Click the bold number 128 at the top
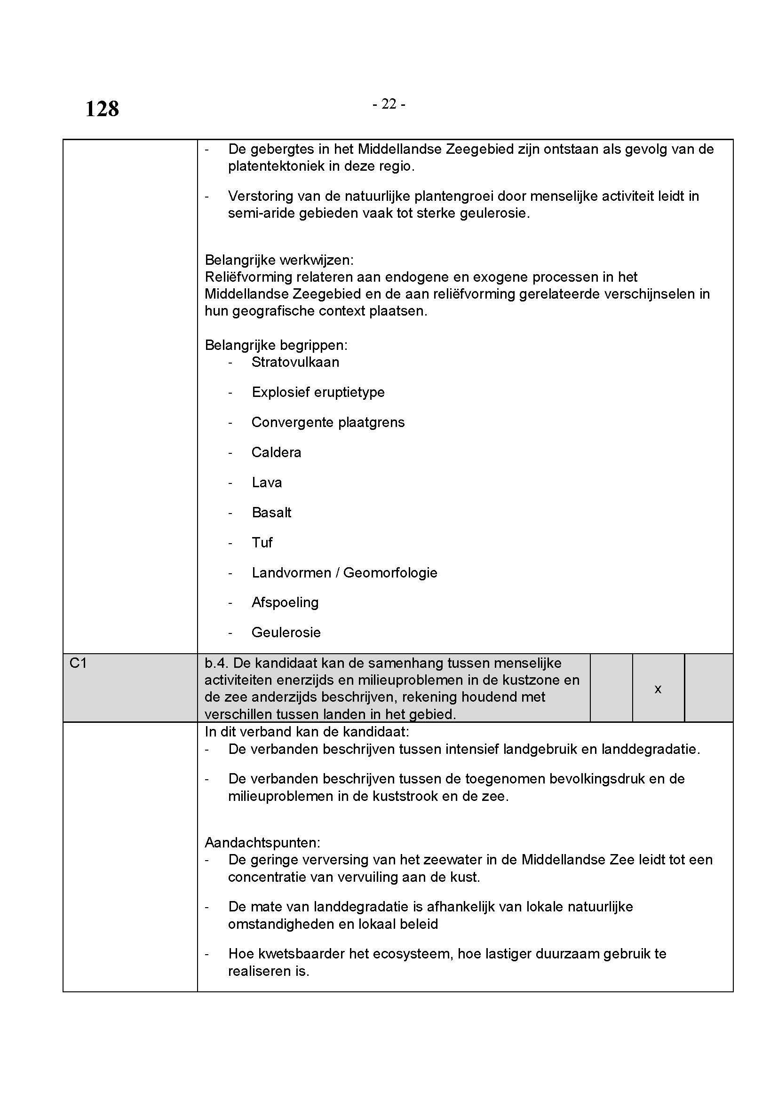tap(102, 109)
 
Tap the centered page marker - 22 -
tap(389, 104)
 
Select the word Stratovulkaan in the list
tap(295, 362)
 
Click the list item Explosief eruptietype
tap(318, 392)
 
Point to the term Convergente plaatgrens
tap(328, 423)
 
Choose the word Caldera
tap(277, 453)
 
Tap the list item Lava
tap(267, 483)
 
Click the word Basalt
tap(271, 513)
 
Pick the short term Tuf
tap(262, 543)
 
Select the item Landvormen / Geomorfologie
tap(344, 573)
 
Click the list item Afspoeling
tap(285, 603)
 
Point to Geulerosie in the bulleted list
tap(286, 633)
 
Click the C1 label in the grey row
tap(78, 663)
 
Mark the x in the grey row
tap(658, 689)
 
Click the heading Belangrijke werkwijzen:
tap(279, 260)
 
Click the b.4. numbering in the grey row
tap(216, 664)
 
